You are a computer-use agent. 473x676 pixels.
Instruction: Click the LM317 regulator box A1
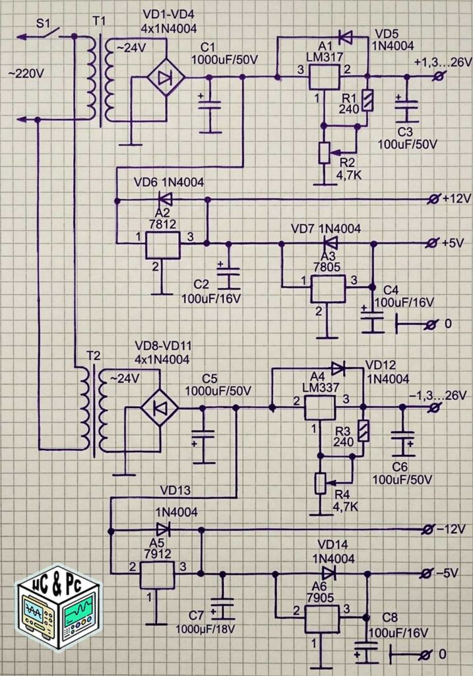324,78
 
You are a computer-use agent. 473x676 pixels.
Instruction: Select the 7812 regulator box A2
162,245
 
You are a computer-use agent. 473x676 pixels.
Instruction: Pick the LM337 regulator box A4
320,408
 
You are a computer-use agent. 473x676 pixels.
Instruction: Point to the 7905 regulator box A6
322,619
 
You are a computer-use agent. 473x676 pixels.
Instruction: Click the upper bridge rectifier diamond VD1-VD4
166,78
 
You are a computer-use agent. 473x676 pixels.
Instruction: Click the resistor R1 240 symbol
367,100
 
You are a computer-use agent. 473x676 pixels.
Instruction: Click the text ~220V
26,74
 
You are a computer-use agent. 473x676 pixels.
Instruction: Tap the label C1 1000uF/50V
224,53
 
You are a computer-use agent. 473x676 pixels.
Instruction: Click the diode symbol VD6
166,199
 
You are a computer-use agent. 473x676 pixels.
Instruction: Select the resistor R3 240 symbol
363,431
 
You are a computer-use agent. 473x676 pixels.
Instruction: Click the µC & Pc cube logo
58,607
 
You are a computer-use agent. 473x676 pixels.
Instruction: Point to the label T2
93,356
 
